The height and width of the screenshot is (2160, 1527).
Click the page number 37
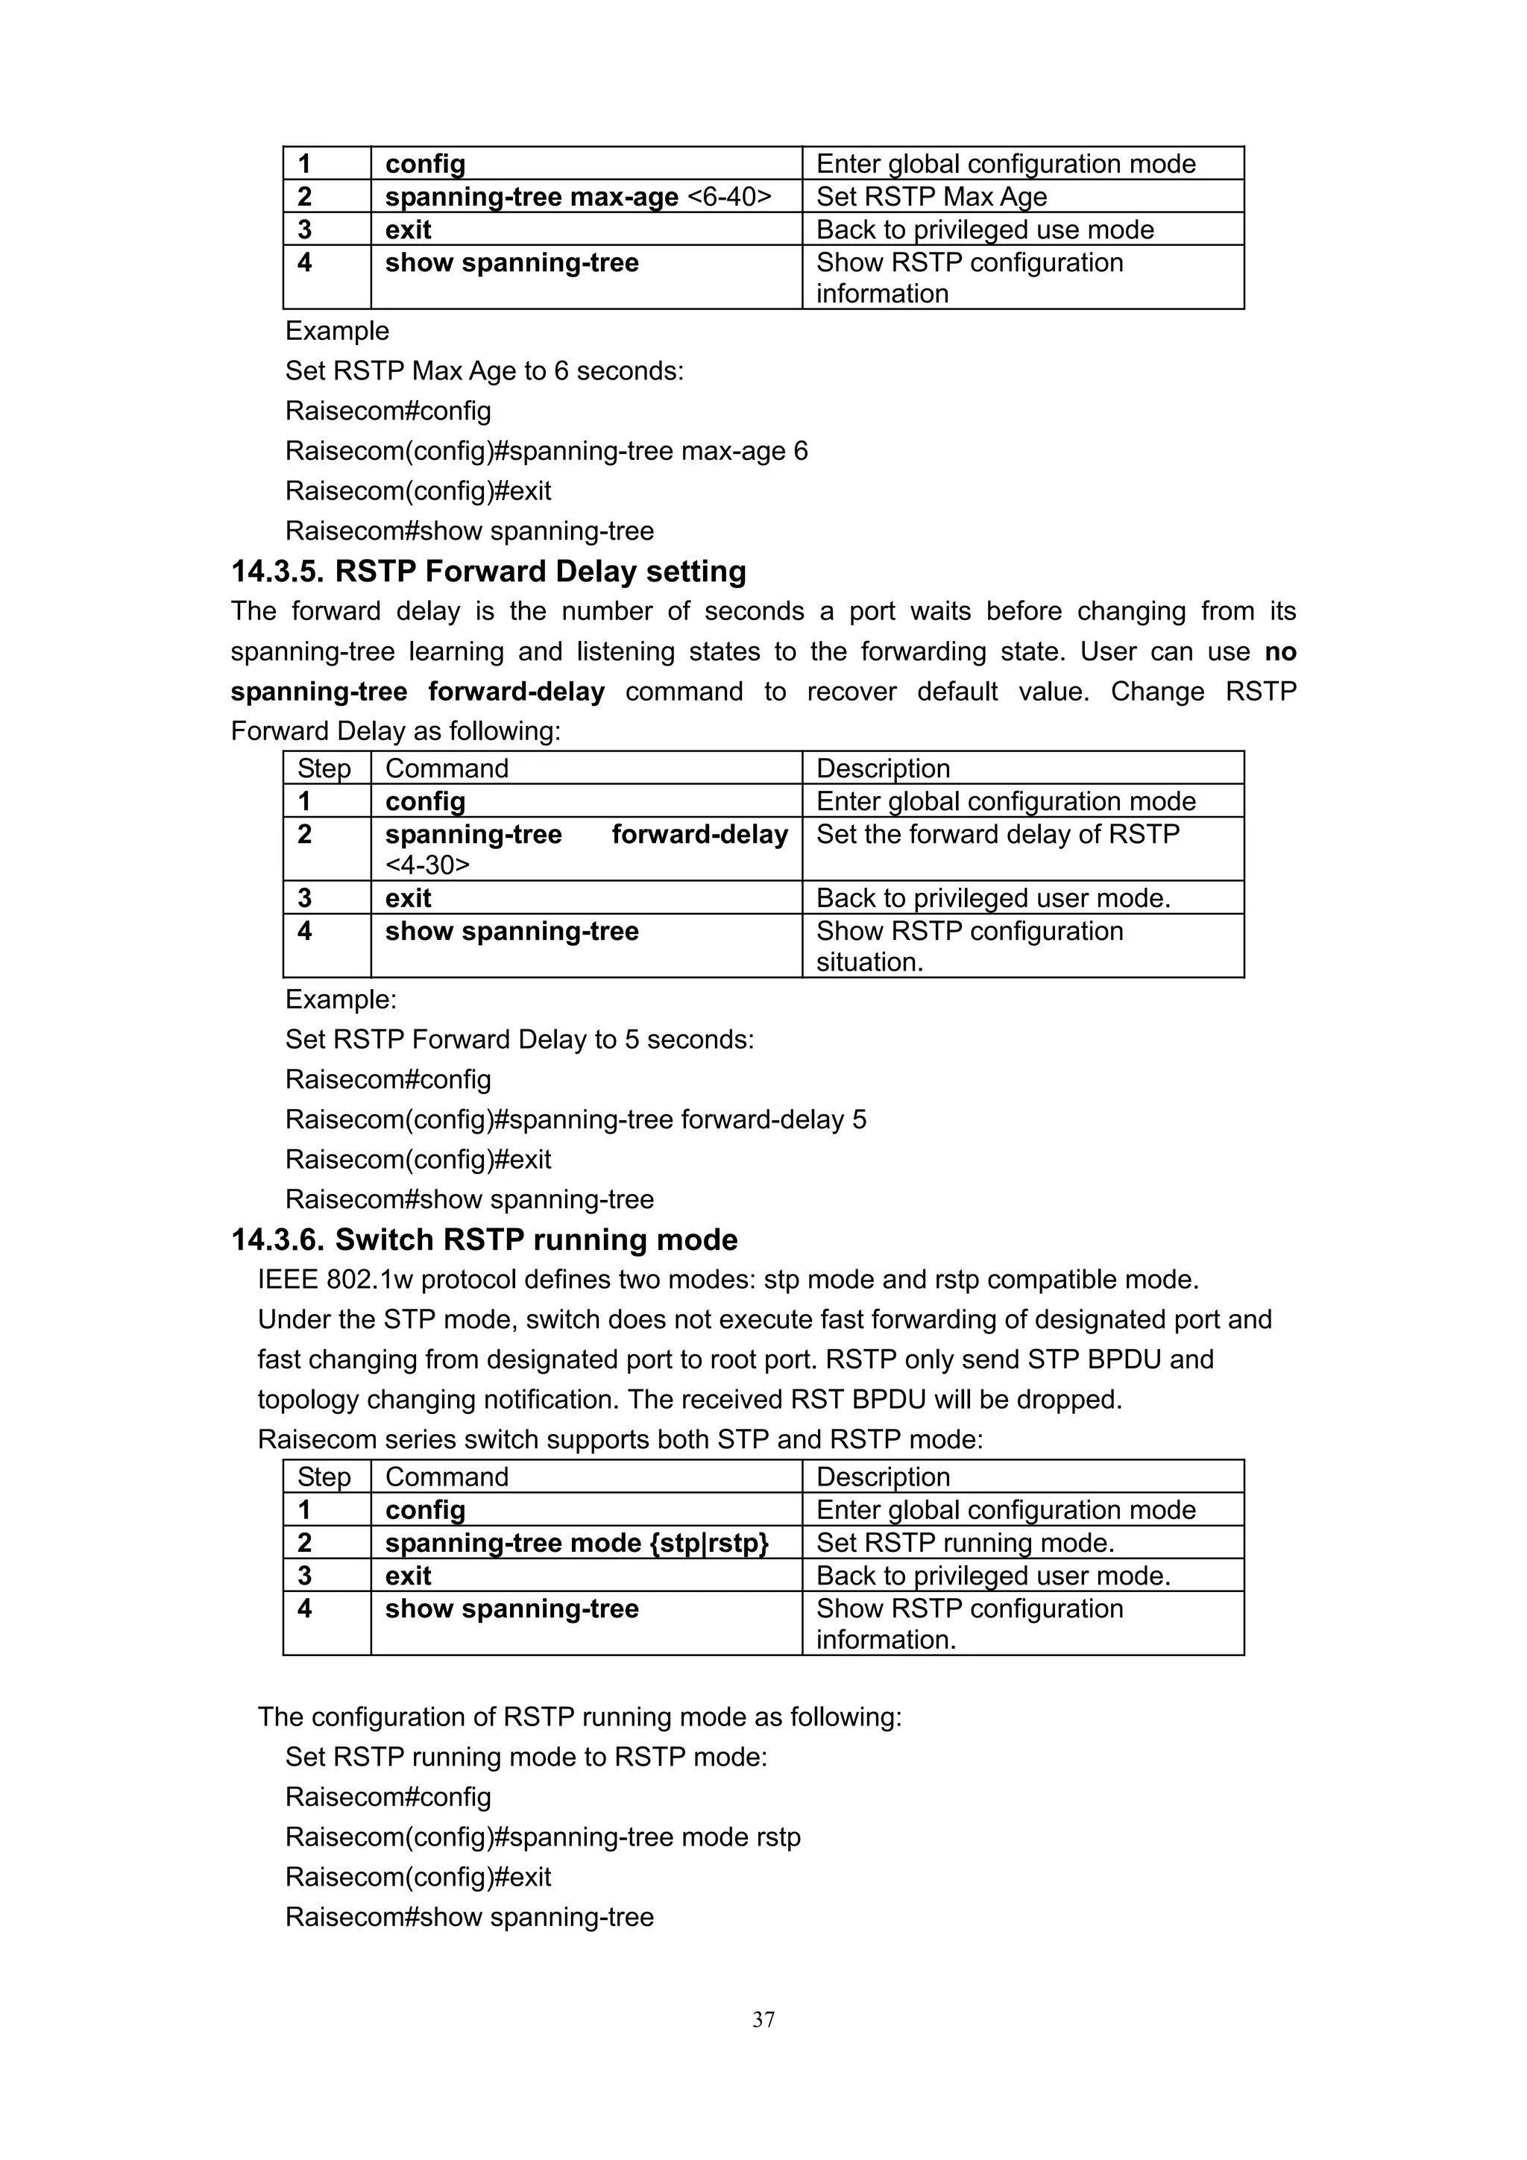point(763,2019)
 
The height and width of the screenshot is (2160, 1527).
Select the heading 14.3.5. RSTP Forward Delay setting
point(488,571)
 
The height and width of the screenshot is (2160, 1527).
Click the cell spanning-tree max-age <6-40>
point(578,197)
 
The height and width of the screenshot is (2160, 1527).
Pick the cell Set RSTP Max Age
point(931,197)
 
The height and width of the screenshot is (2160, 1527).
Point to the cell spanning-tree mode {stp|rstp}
point(577,1542)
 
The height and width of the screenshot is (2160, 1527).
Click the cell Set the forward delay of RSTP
point(998,835)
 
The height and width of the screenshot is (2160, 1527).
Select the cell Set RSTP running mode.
point(964,1542)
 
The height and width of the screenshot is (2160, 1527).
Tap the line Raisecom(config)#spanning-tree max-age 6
point(546,451)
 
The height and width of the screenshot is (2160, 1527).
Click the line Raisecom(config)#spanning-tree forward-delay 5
point(575,1119)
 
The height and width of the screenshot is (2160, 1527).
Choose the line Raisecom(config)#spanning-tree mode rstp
point(543,1837)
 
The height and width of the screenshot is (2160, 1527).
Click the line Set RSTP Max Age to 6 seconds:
point(484,370)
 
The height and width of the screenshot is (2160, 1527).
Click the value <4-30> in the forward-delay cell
point(427,865)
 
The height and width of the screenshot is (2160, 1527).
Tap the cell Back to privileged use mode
point(984,230)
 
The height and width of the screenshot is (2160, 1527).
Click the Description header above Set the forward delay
point(883,768)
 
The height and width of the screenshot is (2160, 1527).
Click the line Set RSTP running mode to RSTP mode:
point(526,1757)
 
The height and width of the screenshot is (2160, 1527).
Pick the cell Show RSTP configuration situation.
point(969,946)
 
